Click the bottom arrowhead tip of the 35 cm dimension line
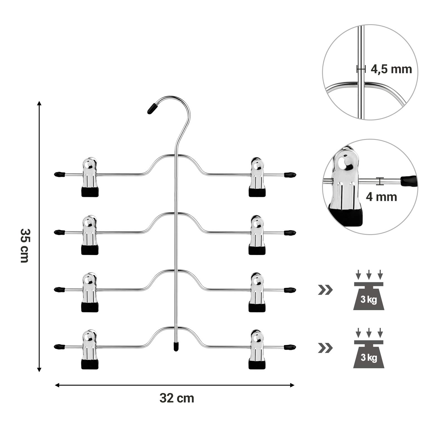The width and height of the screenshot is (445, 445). point(39,372)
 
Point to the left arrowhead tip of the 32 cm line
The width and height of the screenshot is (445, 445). point(55,385)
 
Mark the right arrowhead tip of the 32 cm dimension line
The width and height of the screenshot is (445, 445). point(294,385)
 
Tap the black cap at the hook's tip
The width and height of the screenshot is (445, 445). point(152,108)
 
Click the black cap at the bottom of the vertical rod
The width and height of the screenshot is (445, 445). point(176,346)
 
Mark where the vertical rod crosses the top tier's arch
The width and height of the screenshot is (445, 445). point(176,155)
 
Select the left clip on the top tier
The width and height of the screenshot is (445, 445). point(90,177)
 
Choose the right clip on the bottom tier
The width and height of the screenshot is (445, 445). point(257,350)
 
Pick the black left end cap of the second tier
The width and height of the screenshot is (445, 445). point(59,232)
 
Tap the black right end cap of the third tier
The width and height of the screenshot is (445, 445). point(290,290)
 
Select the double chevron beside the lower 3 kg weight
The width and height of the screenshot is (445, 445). point(325,348)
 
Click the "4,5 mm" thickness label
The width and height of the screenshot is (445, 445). point(391,69)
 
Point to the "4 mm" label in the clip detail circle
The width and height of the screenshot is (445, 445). point(381,197)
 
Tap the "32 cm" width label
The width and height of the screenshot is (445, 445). point(177,398)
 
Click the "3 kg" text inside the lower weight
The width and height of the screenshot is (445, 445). point(369,357)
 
